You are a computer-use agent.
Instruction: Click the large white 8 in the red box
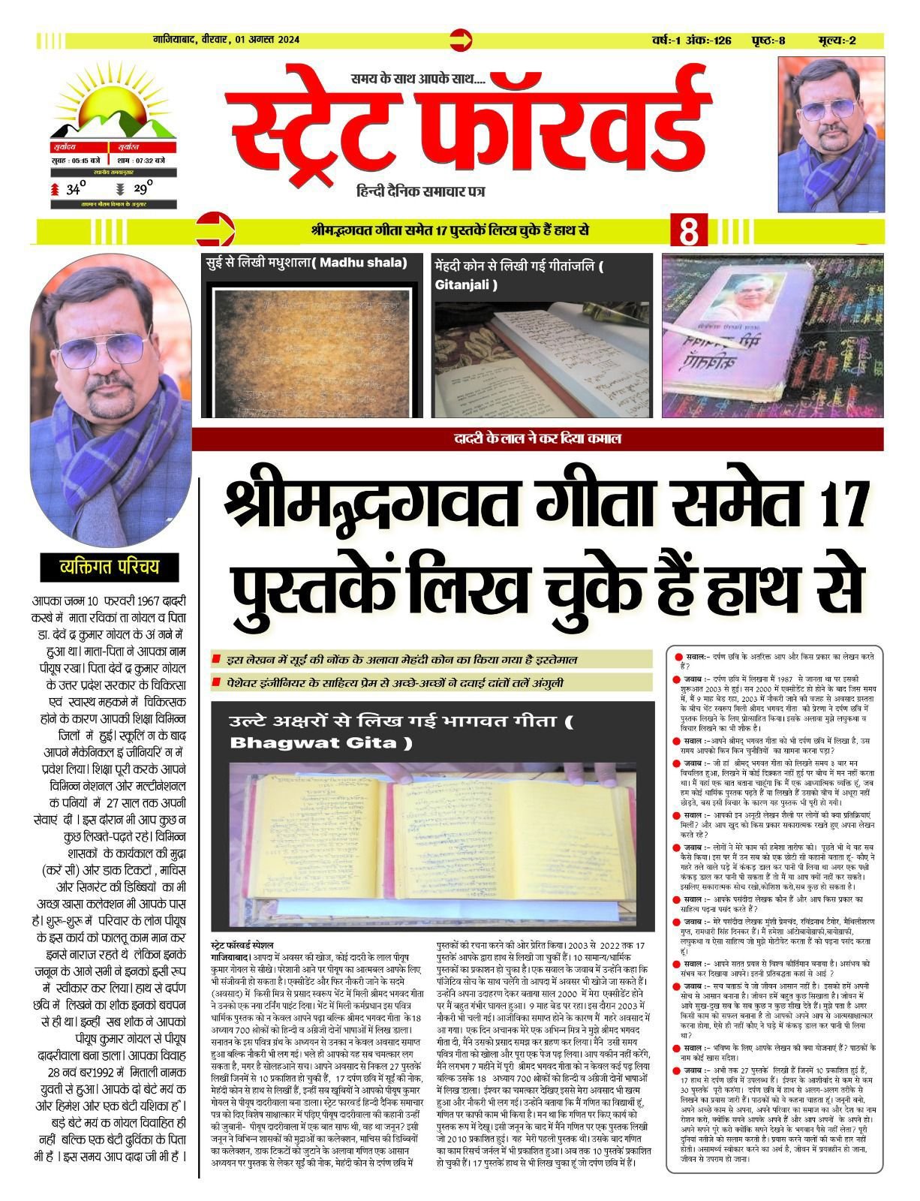[x=688, y=233]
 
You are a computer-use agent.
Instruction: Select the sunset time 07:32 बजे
[x=149, y=160]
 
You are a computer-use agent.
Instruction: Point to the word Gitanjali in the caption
[x=465, y=284]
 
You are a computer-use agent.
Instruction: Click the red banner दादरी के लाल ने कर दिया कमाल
[x=537, y=439]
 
